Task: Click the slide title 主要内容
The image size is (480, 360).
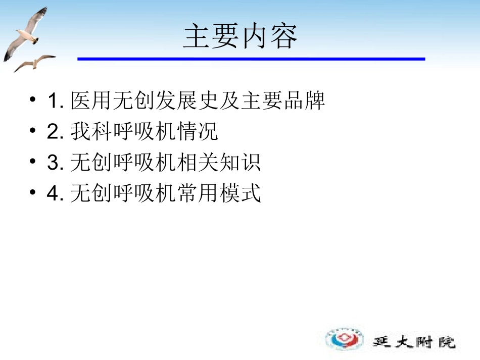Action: pyautogui.click(x=240, y=36)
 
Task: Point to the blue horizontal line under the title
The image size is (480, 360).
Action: pyautogui.click(x=251, y=59)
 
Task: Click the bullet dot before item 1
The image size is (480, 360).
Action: pyautogui.click(x=33, y=101)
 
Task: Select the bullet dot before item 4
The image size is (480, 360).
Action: pyautogui.click(x=33, y=193)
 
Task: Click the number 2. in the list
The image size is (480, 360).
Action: pyautogui.click(x=55, y=132)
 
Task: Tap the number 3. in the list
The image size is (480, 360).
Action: pyautogui.click(x=55, y=163)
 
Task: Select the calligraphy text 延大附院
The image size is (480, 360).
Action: pyautogui.click(x=414, y=341)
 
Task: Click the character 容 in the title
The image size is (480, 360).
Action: pyautogui.click(x=283, y=36)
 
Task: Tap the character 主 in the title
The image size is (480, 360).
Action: pyautogui.click(x=197, y=36)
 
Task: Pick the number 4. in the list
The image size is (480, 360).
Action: pyautogui.click(x=55, y=194)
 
